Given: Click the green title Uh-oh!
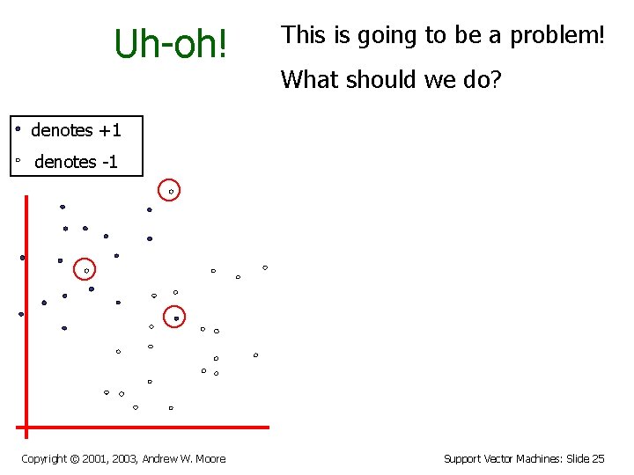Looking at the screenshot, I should [x=171, y=43].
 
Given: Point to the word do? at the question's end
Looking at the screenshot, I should [x=483, y=80].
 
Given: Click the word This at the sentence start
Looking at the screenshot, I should [x=304, y=35].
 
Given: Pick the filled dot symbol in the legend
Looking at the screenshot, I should [x=18, y=128].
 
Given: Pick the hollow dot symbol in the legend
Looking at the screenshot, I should [x=18, y=161].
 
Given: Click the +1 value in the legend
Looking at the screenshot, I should [x=109, y=131].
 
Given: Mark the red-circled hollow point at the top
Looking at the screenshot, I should [x=171, y=191].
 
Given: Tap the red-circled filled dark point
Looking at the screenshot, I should [x=176, y=318].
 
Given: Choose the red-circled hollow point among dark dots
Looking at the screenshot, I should [x=86, y=271].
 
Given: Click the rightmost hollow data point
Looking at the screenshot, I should [x=265, y=267].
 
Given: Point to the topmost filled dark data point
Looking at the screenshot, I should [x=63, y=207].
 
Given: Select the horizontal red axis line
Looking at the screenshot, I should [x=150, y=427].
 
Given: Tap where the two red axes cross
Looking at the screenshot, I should [x=26, y=427].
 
